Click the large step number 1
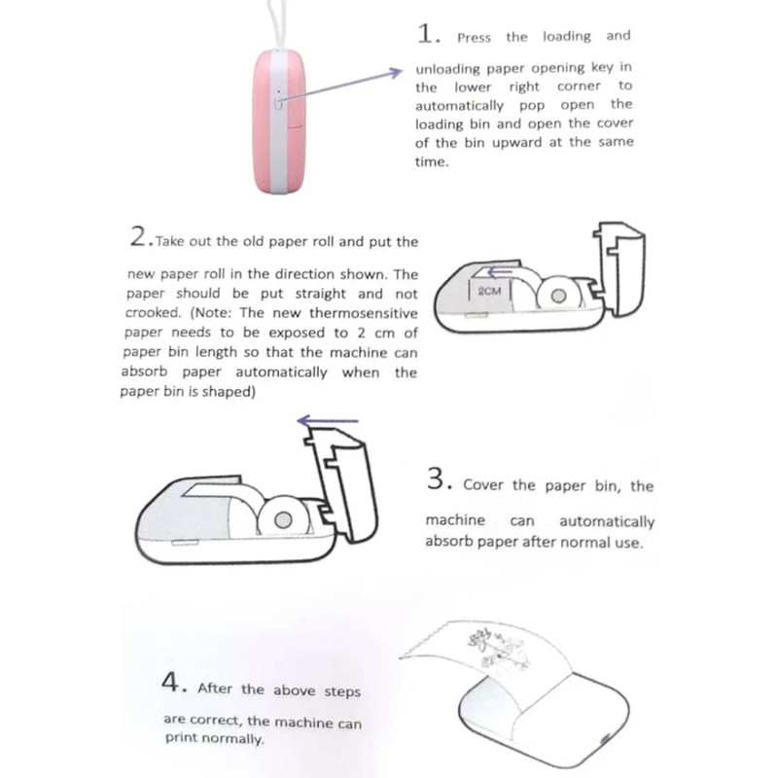pos(426,34)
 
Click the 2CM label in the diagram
pos(489,291)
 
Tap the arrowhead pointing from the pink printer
pos(396,73)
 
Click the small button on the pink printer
pos(278,103)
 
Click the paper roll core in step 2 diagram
pos(558,296)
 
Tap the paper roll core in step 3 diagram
pos(283,520)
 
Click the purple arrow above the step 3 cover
pos(328,421)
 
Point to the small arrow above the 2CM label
pos(500,272)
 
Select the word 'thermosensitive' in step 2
pos(364,313)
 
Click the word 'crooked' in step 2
pos(153,312)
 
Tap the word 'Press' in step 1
pos(474,38)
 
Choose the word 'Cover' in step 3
pos(481,484)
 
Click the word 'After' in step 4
pos(215,689)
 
